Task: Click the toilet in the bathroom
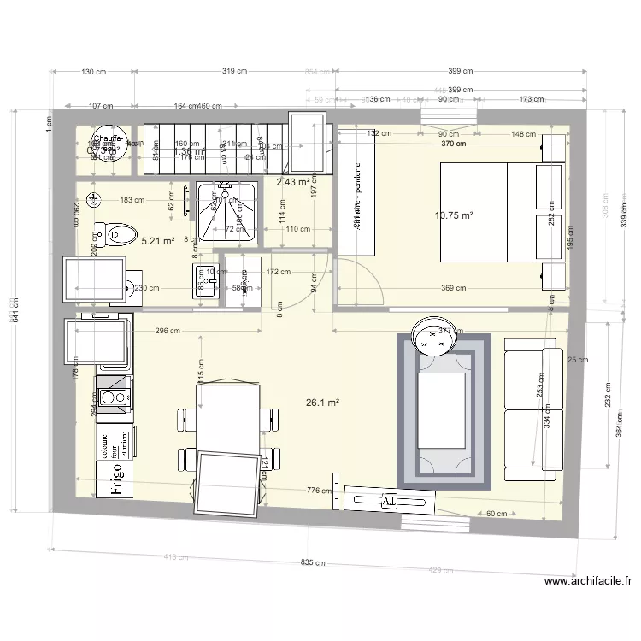[x=116, y=232]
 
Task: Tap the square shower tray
[x=226, y=210]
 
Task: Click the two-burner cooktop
[x=112, y=397]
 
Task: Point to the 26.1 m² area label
[x=322, y=403]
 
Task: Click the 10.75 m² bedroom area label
[x=454, y=216]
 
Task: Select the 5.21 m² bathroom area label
[x=158, y=241]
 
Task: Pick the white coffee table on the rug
[x=441, y=409]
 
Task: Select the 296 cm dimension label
[x=168, y=330]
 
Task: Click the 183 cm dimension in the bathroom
[x=132, y=200]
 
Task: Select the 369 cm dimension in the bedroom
[x=453, y=288]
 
